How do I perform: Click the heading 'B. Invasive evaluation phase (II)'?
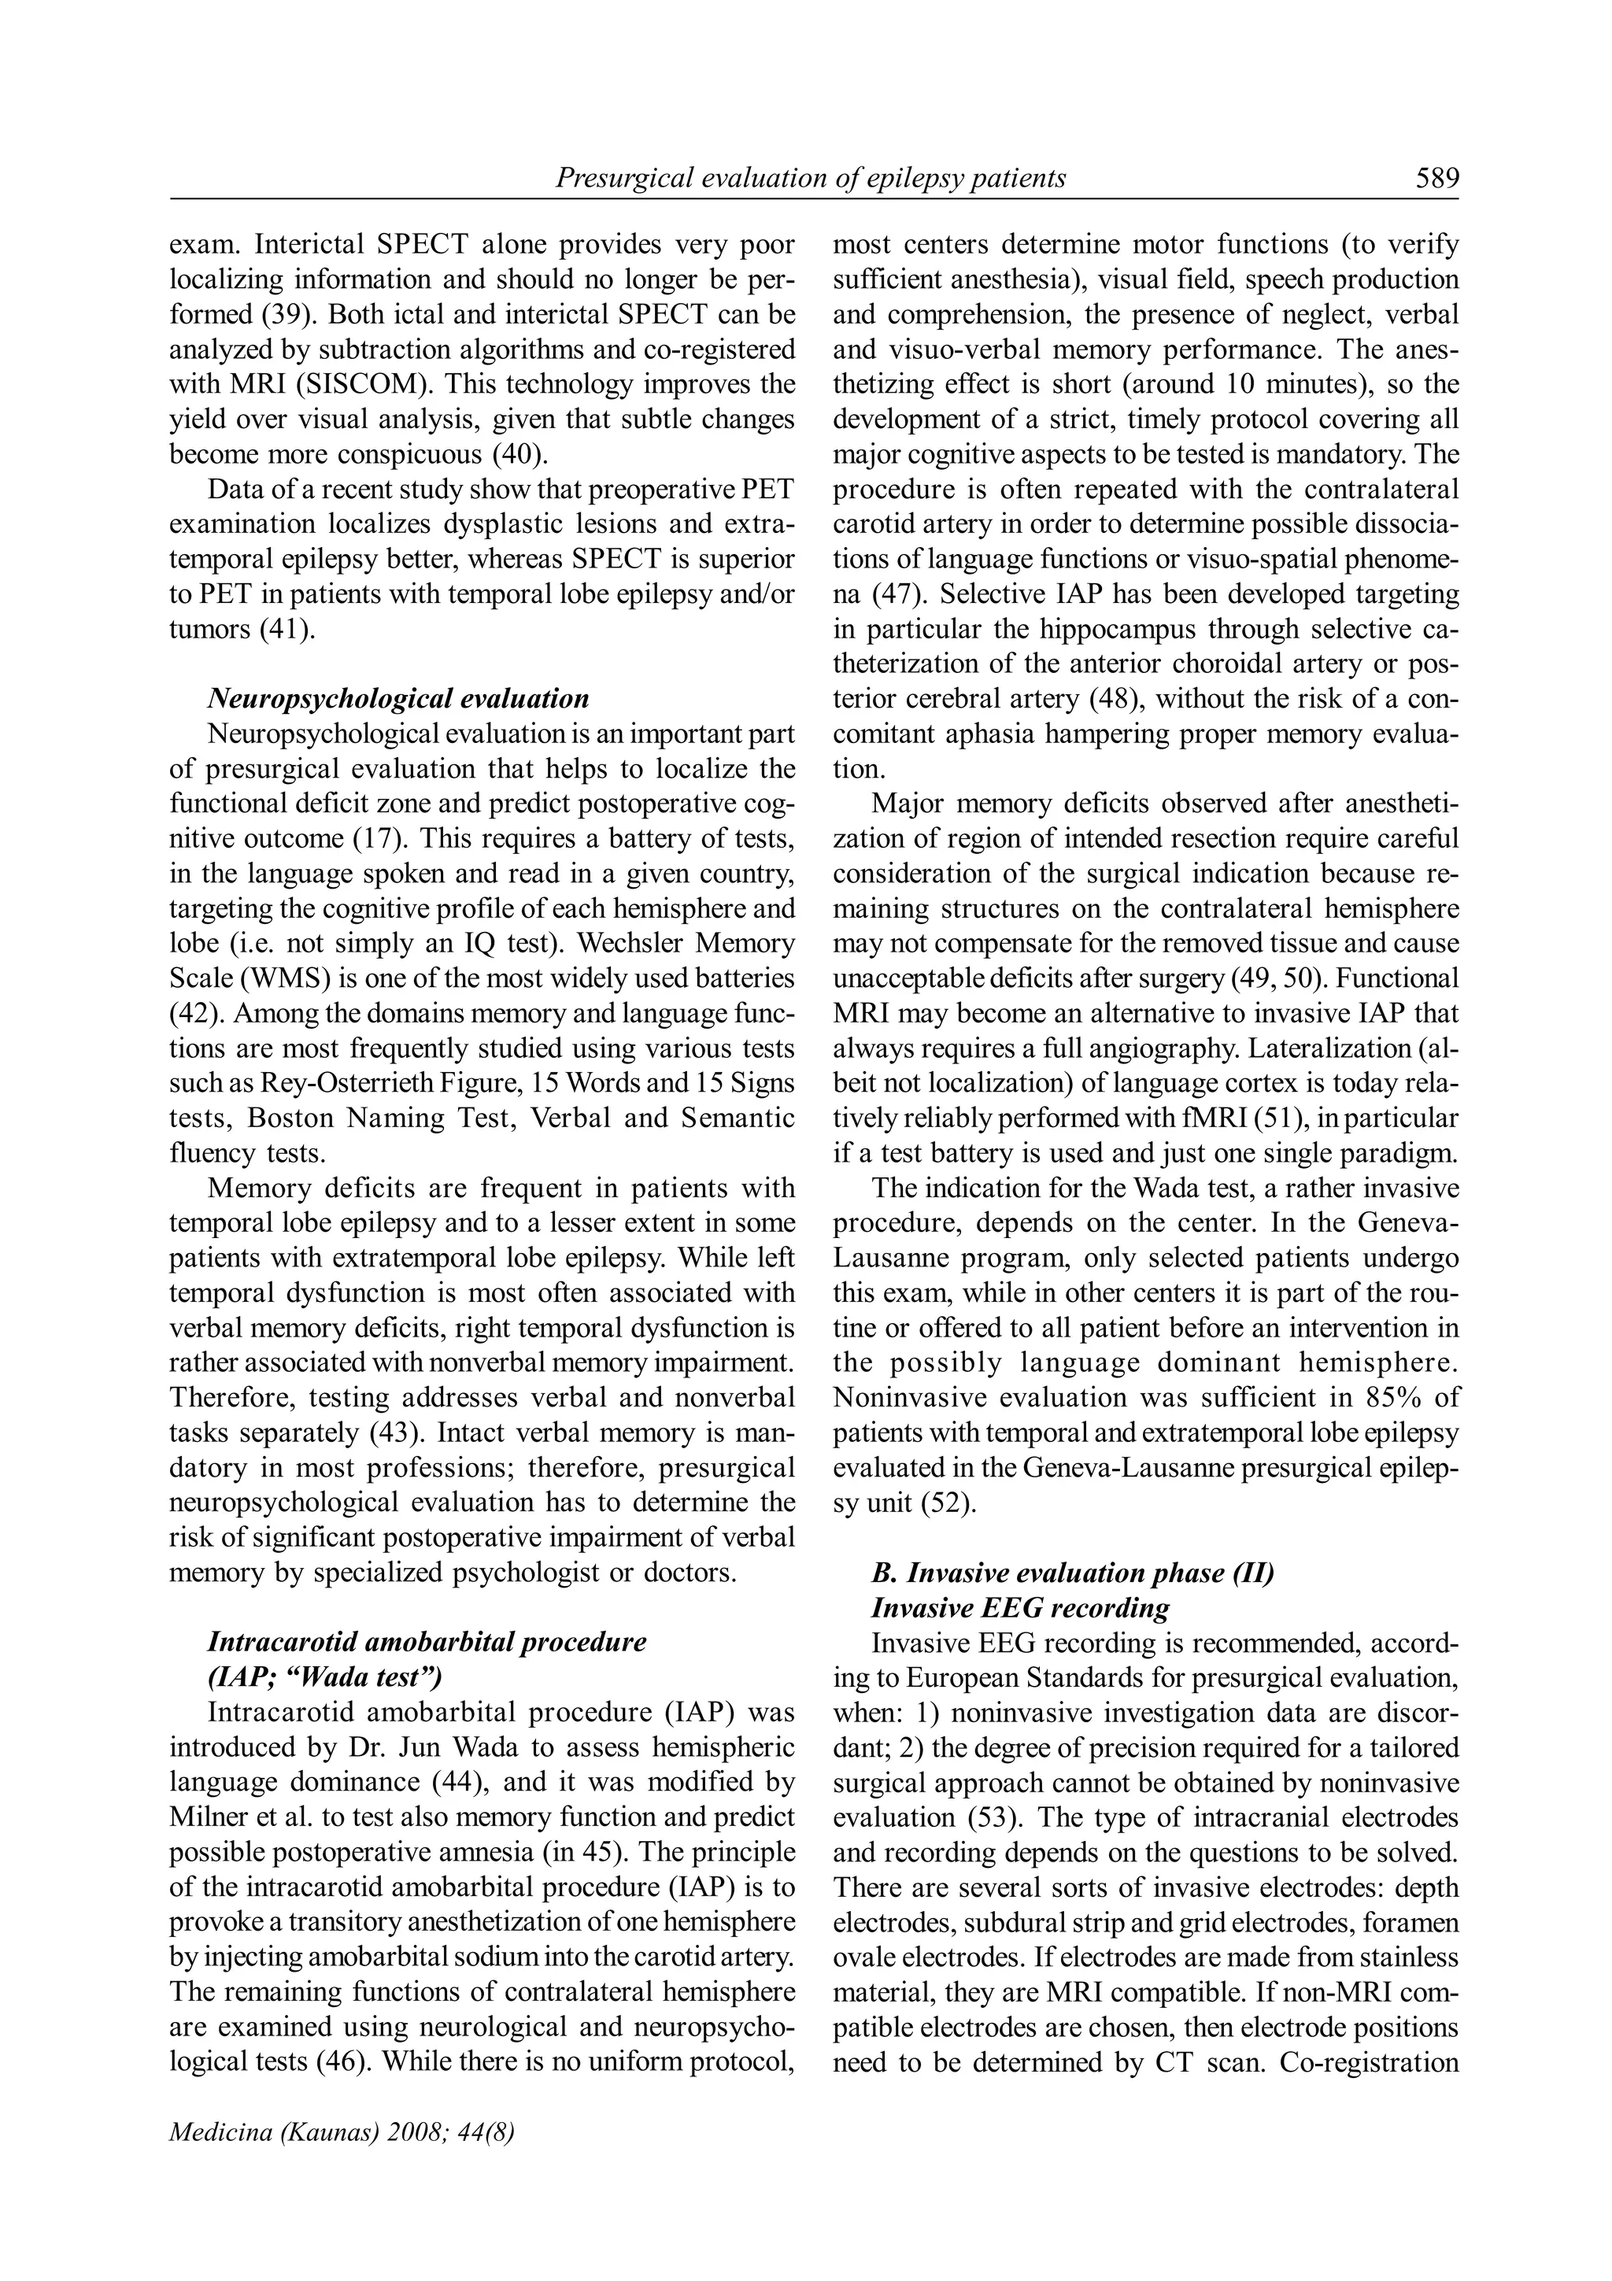tap(1073, 1573)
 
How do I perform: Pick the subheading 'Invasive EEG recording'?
tap(1020, 1607)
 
